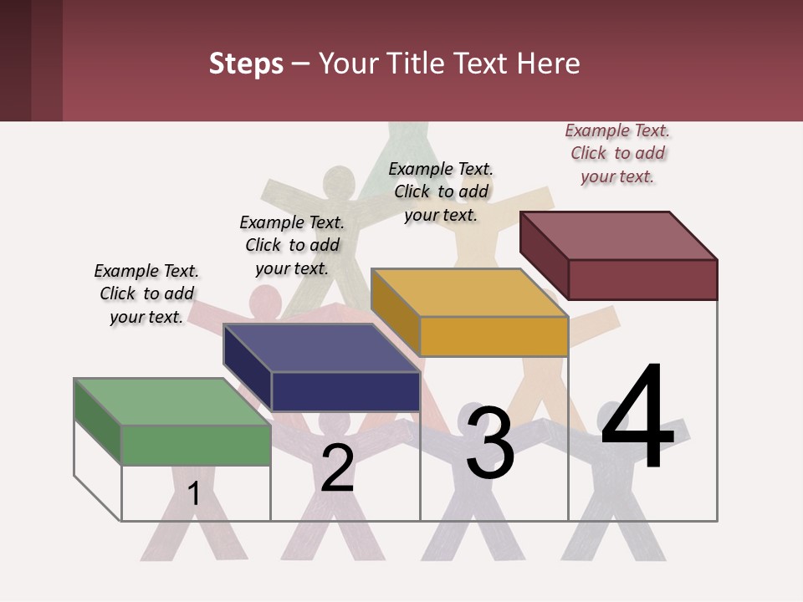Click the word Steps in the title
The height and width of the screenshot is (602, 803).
click(246, 64)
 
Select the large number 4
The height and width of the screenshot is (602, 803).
click(637, 418)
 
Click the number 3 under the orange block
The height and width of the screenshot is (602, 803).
click(490, 443)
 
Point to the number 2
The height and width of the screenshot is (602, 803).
click(337, 468)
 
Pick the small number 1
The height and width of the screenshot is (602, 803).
click(194, 493)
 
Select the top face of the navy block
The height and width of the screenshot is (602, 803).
click(321, 347)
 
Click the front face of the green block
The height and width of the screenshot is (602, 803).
click(197, 444)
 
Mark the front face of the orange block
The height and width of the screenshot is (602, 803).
click(494, 336)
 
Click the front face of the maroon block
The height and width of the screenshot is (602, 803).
click(642, 279)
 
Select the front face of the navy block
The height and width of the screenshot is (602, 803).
click(345, 391)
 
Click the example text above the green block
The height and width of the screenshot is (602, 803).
click(146, 293)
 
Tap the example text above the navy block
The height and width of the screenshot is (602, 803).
click(292, 245)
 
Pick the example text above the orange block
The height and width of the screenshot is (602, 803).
click(441, 191)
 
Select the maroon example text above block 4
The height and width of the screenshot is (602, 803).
click(617, 153)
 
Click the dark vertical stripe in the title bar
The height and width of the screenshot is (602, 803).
click(47, 60)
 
